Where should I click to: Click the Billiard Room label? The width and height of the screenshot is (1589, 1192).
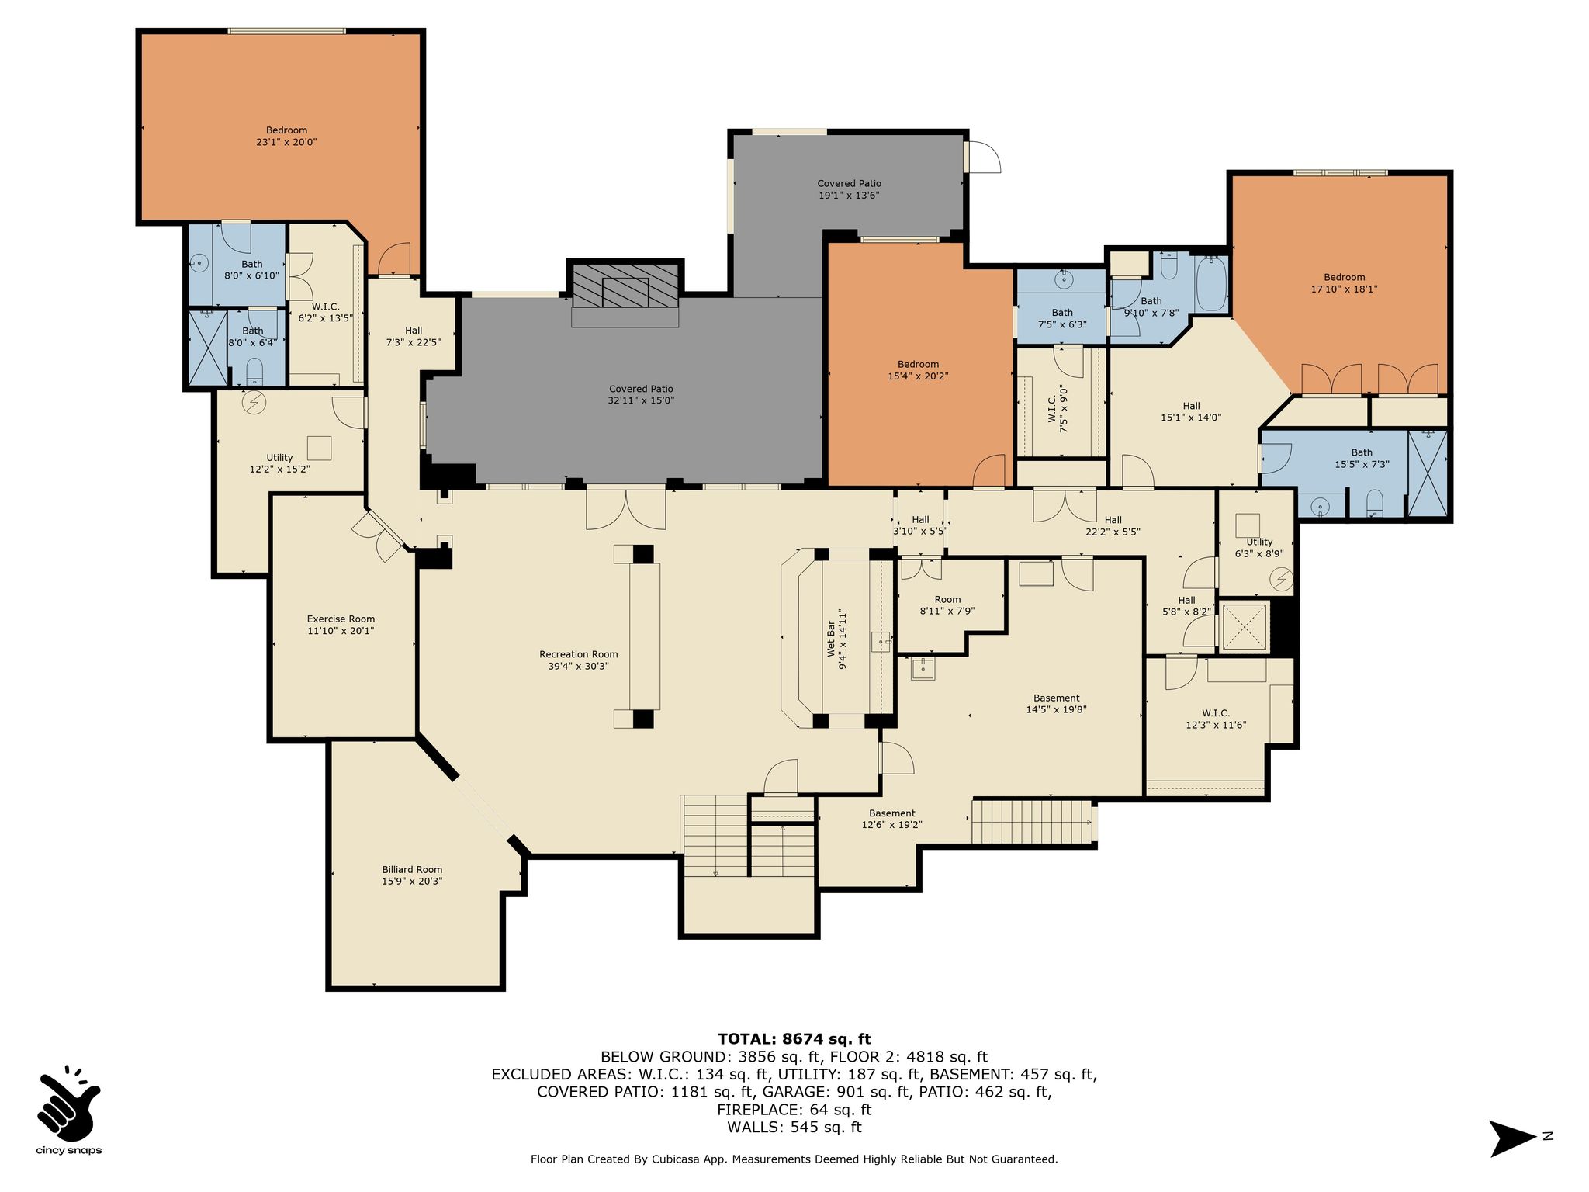coord(412,875)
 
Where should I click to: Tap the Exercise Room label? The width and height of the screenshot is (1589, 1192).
coord(341,625)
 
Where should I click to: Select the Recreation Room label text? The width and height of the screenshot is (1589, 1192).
coord(579,660)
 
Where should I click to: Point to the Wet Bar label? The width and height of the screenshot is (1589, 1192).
coord(836,639)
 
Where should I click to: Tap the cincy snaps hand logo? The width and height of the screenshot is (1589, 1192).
coord(68,1101)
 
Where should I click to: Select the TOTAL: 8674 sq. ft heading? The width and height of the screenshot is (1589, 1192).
coord(794,1039)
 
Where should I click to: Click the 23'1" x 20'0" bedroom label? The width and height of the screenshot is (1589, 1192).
coord(286,136)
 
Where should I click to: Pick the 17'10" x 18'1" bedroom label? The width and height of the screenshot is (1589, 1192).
coord(1344,282)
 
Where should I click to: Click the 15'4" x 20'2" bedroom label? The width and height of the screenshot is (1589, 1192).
coord(918,369)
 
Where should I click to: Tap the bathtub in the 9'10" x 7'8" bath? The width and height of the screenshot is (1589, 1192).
coord(1210,284)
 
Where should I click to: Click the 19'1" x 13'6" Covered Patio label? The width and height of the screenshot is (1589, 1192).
coord(849,189)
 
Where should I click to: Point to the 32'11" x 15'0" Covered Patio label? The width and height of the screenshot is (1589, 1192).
coord(641,394)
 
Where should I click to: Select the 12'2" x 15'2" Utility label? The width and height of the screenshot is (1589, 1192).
coord(279,463)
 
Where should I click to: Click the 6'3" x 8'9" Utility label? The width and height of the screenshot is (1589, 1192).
coord(1259,548)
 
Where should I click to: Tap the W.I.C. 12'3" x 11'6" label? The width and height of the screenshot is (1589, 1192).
coord(1215,719)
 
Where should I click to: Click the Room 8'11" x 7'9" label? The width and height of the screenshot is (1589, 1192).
coord(947,605)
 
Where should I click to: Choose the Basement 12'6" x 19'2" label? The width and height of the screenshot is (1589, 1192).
coord(891,819)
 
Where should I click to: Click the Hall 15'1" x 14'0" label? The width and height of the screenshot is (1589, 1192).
coord(1191,411)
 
